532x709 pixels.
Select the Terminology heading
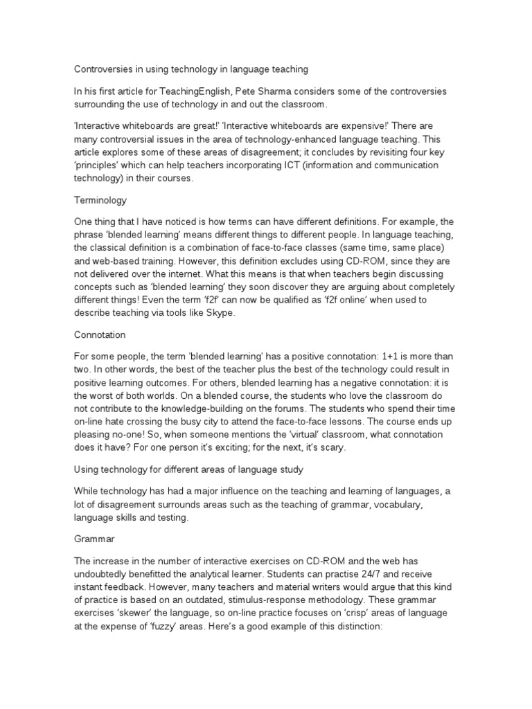coord(100,200)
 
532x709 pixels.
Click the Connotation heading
coord(100,334)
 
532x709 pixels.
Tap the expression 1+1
coord(392,357)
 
